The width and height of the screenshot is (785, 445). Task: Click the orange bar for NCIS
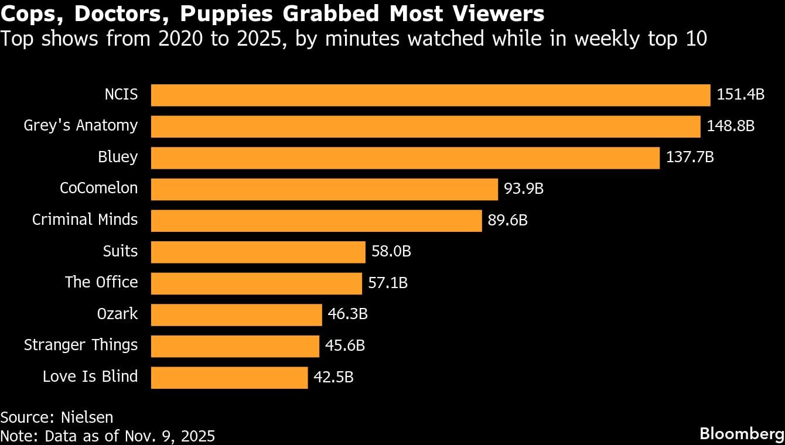tap(431, 95)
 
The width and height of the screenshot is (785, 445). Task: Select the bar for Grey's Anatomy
tap(426, 126)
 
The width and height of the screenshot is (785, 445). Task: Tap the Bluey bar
tap(405, 158)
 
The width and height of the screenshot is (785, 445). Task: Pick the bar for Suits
tap(258, 252)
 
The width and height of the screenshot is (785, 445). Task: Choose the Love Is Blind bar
tap(229, 377)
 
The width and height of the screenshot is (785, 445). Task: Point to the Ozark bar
tap(237, 314)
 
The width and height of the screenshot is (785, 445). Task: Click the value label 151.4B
tap(740, 94)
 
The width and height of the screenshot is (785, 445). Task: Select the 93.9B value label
tap(524, 189)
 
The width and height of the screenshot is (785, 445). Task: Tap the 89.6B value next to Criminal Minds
tap(508, 220)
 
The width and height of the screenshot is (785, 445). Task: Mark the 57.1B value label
tap(388, 283)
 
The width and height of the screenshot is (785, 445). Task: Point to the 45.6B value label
tap(345, 346)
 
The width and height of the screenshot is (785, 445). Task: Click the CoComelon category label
tap(99, 188)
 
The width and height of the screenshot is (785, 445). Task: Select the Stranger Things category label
tap(81, 345)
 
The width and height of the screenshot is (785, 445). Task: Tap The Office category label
tap(101, 282)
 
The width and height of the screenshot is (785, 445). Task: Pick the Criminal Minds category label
tap(85, 220)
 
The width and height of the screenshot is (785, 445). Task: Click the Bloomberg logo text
tap(742, 434)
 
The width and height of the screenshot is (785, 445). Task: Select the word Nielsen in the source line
tap(88, 417)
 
